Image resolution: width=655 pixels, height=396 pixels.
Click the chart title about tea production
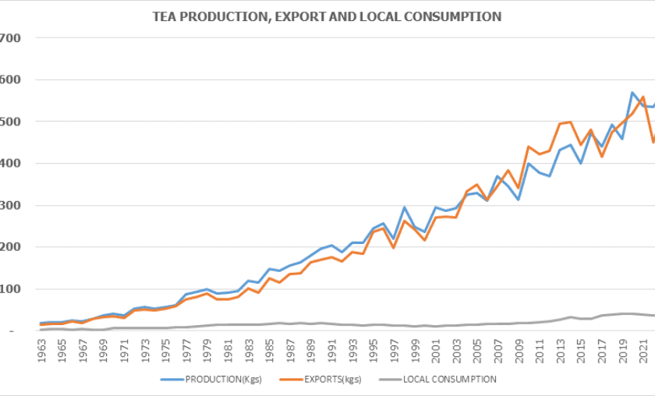coord(327,16)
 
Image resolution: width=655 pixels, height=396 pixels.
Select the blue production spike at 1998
coord(405,207)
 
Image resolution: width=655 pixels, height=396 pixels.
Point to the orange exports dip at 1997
coord(394,248)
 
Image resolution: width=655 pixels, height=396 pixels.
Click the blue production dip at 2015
coord(581,163)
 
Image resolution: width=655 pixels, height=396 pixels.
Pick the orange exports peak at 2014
coord(571,122)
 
